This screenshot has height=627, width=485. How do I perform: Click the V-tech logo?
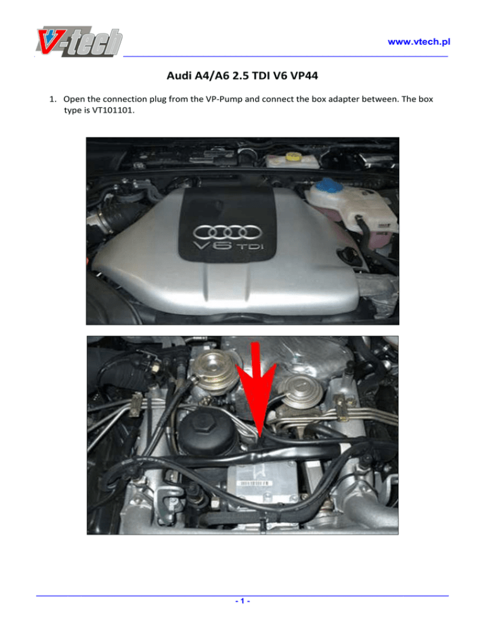80,41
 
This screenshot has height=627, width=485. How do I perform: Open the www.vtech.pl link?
419,42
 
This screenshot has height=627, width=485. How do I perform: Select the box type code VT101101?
113,110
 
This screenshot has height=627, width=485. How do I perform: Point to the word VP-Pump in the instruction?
224,99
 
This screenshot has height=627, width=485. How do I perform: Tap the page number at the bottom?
242,601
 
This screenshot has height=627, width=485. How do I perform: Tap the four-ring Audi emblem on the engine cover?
227,232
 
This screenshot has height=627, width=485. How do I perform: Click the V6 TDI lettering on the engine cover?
228,245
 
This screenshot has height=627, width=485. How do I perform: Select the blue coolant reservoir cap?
327,186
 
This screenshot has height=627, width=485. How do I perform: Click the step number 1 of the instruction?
52,99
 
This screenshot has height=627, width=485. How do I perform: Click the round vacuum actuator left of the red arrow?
216,372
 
